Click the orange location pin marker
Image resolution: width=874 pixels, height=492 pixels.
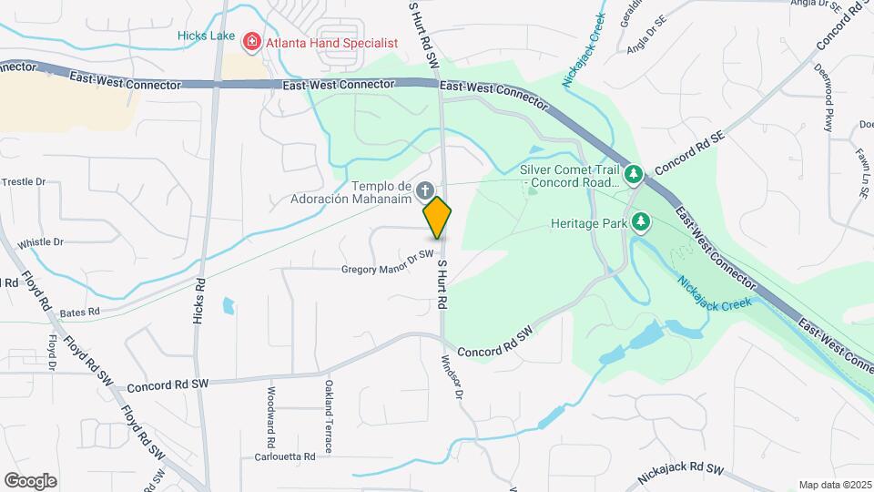[x=437, y=218]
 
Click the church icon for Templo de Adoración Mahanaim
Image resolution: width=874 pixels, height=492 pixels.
[x=423, y=190]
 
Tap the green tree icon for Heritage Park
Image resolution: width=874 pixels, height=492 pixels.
[x=642, y=221]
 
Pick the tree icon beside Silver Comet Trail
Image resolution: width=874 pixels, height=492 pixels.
[x=634, y=172]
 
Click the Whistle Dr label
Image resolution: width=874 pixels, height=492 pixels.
[x=40, y=242]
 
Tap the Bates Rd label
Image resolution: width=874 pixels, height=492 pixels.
[x=80, y=313]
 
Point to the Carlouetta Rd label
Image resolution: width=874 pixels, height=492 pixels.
[x=285, y=456]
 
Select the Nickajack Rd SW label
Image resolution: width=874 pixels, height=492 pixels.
[x=679, y=473]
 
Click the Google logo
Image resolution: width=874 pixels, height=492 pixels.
[x=31, y=481]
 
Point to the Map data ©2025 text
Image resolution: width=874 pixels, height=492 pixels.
[x=833, y=485]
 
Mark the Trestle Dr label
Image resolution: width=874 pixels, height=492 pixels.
[x=24, y=182]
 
